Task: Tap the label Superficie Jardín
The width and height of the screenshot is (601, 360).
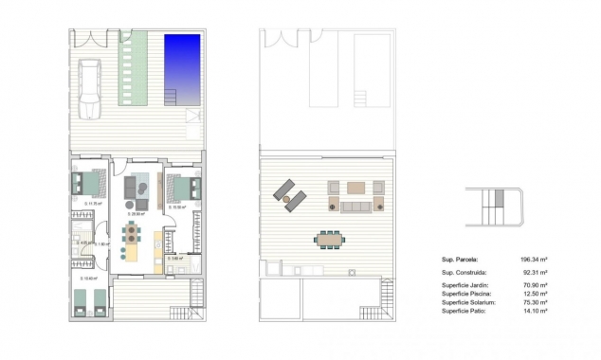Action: pyautogui.click(x=465, y=284)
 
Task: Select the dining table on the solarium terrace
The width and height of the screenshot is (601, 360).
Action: pyautogui.click(x=329, y=238)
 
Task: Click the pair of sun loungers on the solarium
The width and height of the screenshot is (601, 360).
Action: pyautogui.click(x=290, y=195)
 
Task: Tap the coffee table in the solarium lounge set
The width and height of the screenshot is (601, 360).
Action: pyautogui.click(x=355, y=188)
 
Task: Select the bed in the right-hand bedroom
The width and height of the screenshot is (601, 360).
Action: pyautogui.click(x=184, y=187)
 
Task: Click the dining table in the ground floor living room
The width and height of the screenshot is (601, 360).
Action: pyautogui.click(x=136, y=233)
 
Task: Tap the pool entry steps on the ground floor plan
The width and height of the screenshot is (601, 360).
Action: pyautogui.click(x=172, y=96)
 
